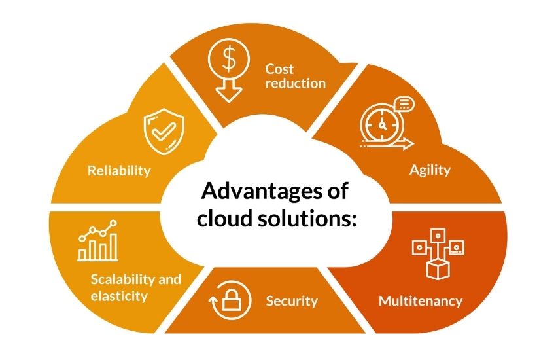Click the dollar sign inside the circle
point(229,58)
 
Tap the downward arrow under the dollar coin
point(229,90)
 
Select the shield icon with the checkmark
point(164,131)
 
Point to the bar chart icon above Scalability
point(98,240)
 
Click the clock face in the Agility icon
point(382,124)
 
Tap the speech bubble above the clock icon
point(405,103)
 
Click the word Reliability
point(119,171)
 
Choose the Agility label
point(430,170)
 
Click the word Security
point(292,301)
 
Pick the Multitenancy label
point(421,301)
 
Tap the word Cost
point(279,69)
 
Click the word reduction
point(296,84)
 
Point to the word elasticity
point(119,296)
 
